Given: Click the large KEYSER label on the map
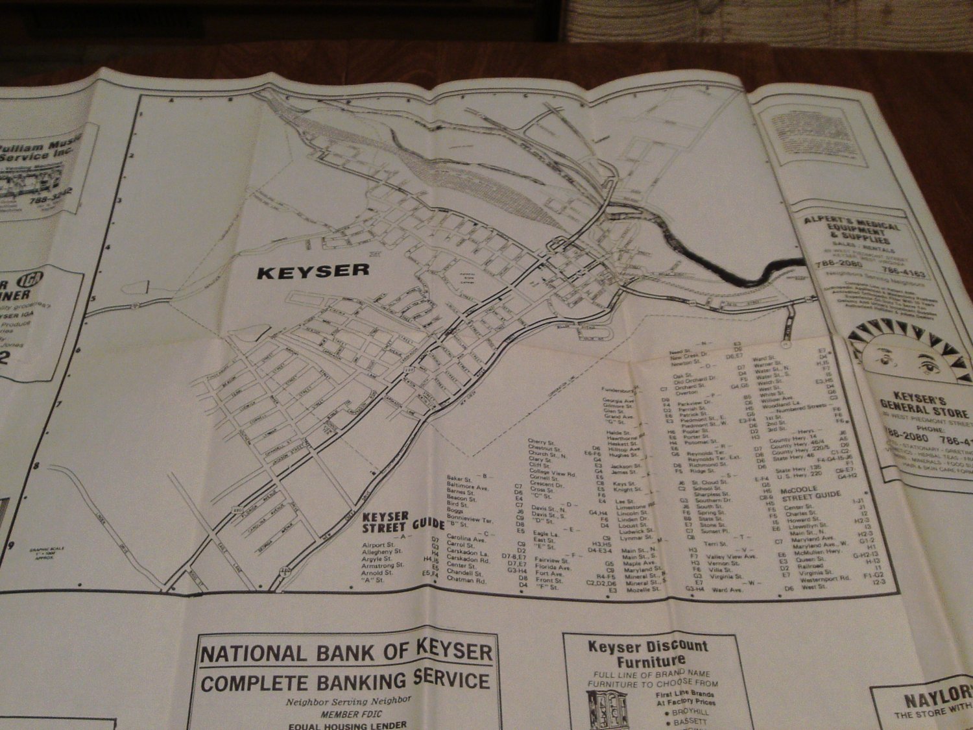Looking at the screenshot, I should tap(313, 271).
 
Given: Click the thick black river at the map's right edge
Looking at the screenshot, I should tap(765, 273).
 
